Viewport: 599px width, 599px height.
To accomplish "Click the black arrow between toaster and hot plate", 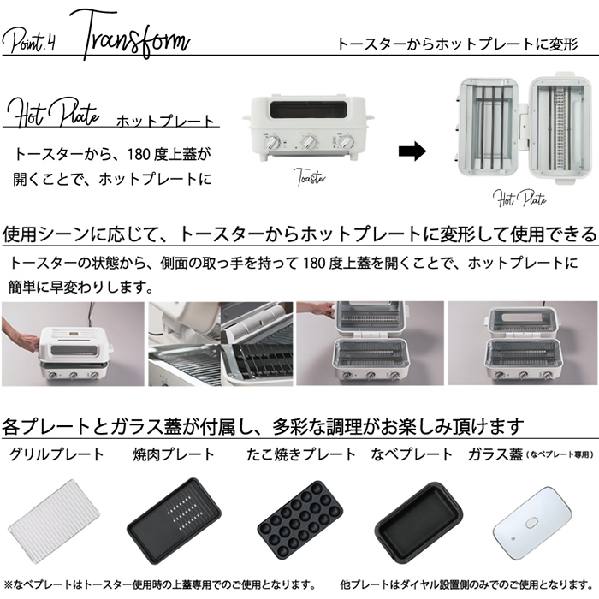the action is pyautogui.click(x=412, y=151).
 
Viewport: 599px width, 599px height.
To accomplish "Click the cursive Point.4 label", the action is pyautogui.click(x=29, y=41).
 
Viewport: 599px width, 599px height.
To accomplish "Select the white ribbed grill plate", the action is pyautogui.click(x=53, y=521).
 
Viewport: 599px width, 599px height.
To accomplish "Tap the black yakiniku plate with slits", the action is pyautogui.click(x=175, y=520).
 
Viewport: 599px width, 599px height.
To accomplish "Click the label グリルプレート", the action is pyautogui.click(x=56, y=454).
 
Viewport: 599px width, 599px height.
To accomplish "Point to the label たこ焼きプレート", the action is pyautogui.click(x=301, y=454).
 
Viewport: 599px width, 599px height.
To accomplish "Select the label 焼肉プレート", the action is pyautogui.click(x=174, y=454).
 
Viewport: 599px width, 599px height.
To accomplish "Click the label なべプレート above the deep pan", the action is pyautogui.click(x=412, y=454).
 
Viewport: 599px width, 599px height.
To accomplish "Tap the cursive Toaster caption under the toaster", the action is pyautogui.click(x=311, y=177).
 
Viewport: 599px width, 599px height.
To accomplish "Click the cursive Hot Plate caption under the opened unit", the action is pyautogui.click(x=519, y=198).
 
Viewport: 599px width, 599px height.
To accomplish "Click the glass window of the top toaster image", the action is pyautogui.click(x=308, y=110).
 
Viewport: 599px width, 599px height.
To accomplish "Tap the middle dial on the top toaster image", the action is pyautogui.click(x=309, y=141).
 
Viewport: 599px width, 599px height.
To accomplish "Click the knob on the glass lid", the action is pyautogui.click(x=531, y=523).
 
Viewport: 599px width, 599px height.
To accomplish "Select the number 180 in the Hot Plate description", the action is pyautogui.click(x=138, y=155).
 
